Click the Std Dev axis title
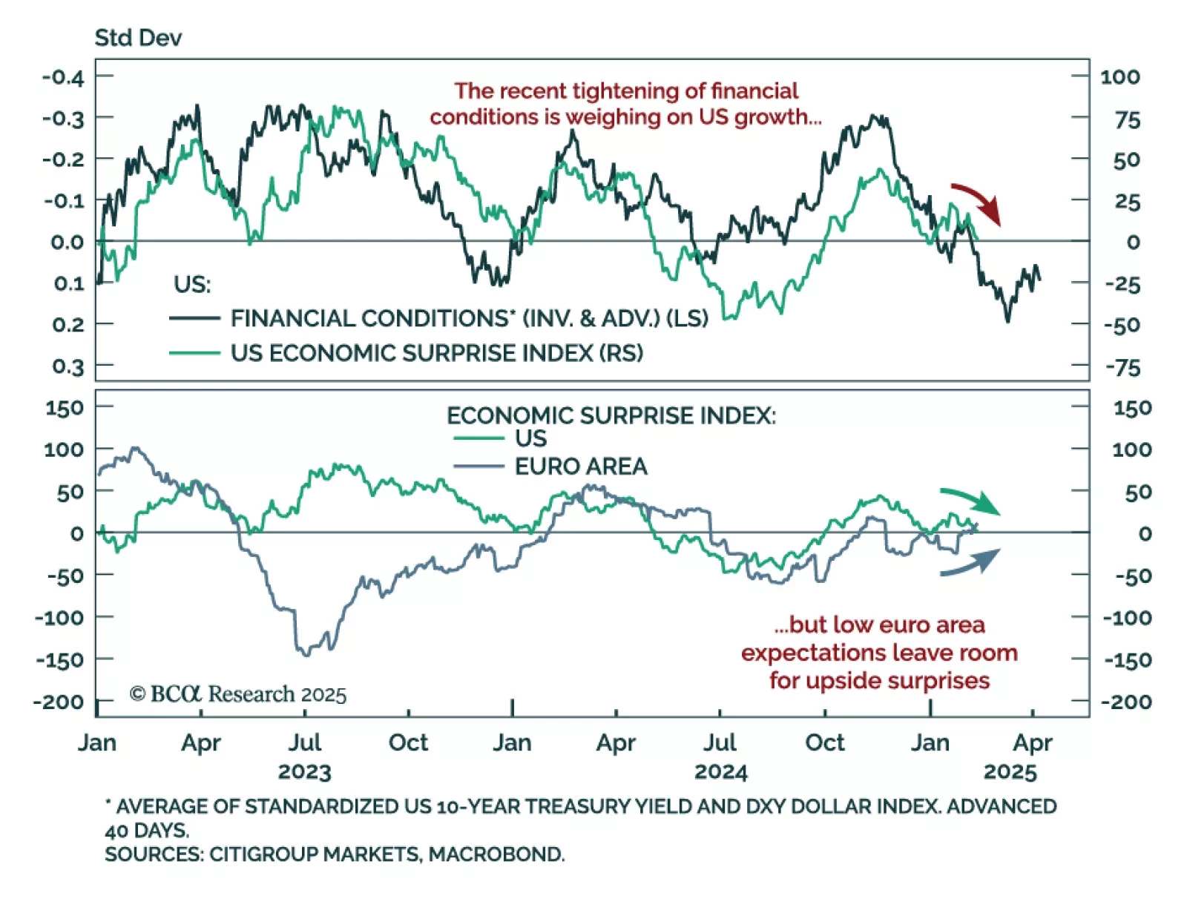point(138,38)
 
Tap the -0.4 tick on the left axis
point(63,77)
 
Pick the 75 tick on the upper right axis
point(1127,119)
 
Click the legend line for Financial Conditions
point(195,318)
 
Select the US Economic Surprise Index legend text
point(436,353)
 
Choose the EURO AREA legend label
point(581,467)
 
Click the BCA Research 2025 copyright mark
point(237,694)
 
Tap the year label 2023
point(304,772)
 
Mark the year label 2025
point(1010,772)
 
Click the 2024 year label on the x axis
point(720,772)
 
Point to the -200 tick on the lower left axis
point(59,702)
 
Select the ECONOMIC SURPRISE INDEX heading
point(611,415)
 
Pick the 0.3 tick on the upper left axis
point(68,366)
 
